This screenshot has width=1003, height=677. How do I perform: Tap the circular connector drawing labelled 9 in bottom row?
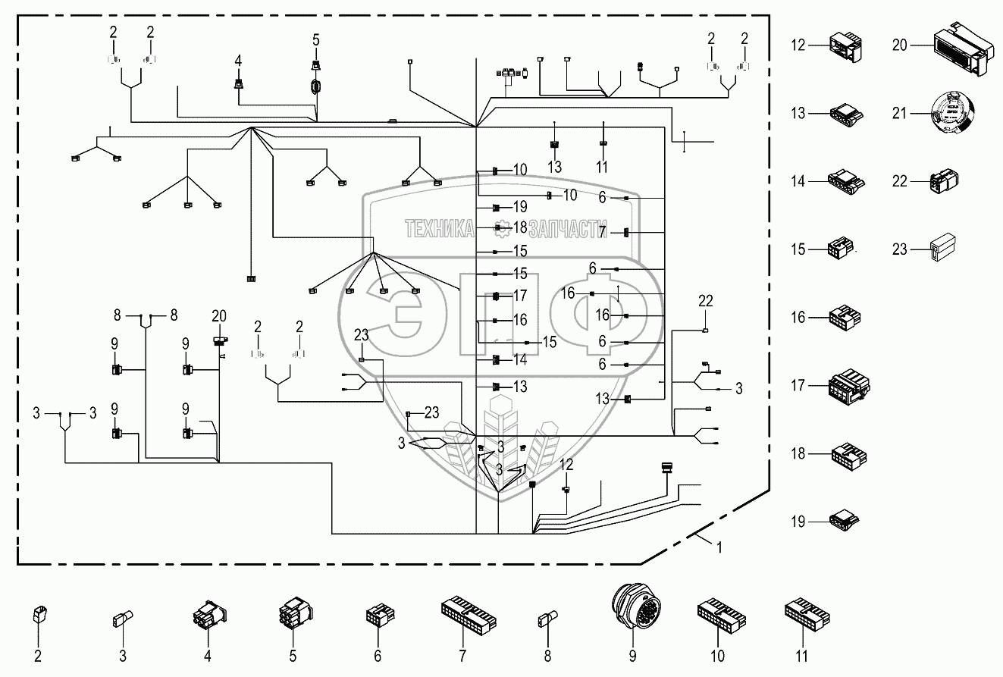click(633, 609)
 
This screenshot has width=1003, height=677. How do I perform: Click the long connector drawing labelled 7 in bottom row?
click(462, 613)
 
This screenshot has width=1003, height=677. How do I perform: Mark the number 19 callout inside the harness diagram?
click(519, 206)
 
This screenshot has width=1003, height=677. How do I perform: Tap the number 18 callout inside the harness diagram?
click(519, 227)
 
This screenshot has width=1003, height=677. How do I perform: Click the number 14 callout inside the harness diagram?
click(519, 359)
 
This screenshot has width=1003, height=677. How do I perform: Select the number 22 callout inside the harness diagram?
click(706, 301)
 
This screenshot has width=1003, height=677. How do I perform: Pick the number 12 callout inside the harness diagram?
click(566, 464)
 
